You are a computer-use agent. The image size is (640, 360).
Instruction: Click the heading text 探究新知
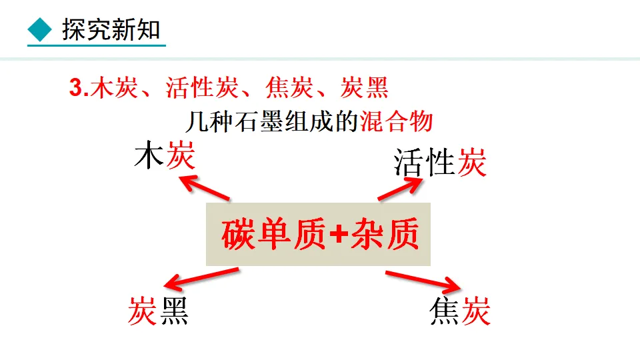click(111, 30)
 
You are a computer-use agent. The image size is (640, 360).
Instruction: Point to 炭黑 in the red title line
click(364, 89)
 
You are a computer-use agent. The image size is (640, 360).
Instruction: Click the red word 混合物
click(397, 122)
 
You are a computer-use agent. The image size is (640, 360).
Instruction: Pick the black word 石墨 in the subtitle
click(263, 122)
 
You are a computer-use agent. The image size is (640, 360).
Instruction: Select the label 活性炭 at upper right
click(440, 162)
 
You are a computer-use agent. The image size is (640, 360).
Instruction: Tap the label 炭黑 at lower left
click(158, 310)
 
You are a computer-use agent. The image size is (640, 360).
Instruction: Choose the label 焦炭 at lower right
click(460, 310)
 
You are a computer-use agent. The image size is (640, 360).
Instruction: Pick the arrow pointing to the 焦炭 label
click(423, 280)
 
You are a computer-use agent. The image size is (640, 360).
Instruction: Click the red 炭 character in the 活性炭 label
click(472, 162)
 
